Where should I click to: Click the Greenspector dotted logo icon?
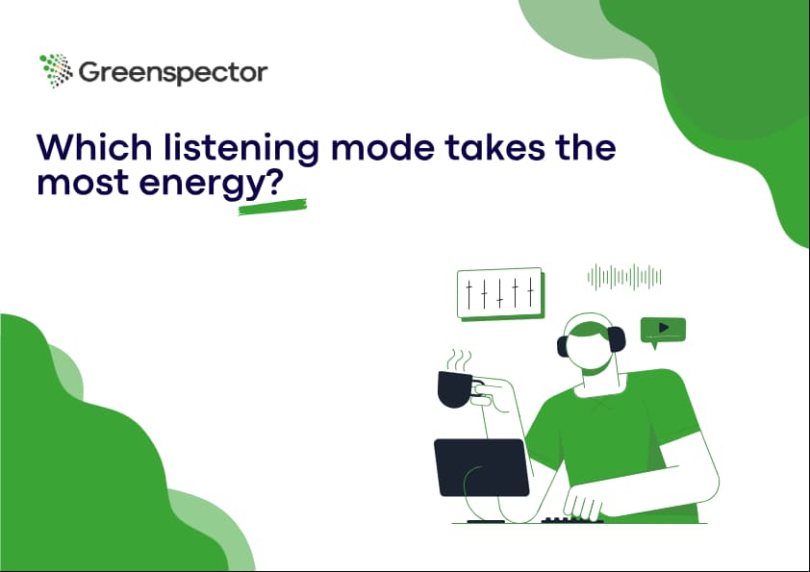coord(56,70)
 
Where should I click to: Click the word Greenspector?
coord(173,73)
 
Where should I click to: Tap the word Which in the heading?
coord(94,147)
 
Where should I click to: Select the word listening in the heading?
coord(241,150)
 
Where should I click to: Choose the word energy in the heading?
coord(202,186)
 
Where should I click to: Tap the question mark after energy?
coord(276,183)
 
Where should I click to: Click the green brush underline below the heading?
coord(272,207)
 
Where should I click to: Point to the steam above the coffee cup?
coord(459,361)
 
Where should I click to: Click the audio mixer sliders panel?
coord(500,292)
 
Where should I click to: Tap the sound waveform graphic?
coord(624,277)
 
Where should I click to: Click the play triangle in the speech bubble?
coord(664,327)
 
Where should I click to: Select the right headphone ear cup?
coord(617,340)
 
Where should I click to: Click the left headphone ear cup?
coord(563,346)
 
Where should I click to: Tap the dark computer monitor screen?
coord(481,467)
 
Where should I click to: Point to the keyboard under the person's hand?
coord(571,520)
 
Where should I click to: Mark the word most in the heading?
coord(83,183)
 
